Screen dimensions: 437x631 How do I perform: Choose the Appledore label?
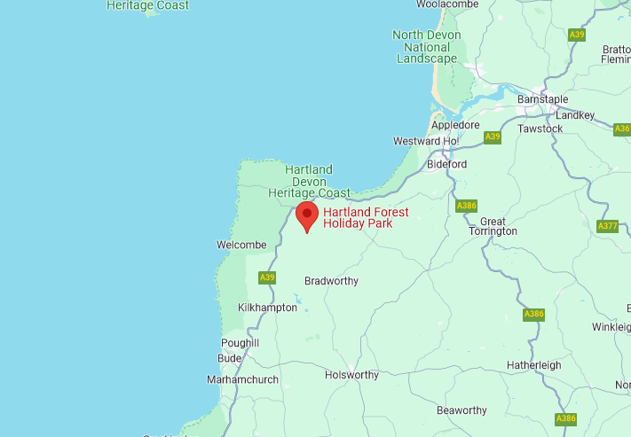pyautogui.click(x=455, y=126)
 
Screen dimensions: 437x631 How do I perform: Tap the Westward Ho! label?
pyautogui.click(x=426, y=141)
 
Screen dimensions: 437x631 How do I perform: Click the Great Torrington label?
pyautogui.click(x=497, y=226)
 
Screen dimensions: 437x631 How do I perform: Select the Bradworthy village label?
pyautogui.click(x=331, y=281)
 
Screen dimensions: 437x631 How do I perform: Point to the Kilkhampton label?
pyautogui.click(x=268, y=308)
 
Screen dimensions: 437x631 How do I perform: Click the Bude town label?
pyautogui.click(x=229, y=357)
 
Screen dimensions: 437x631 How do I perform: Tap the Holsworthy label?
pyautogui.click(x=351, y=375)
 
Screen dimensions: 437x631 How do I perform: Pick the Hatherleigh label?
pyautogui.click(x=534, y=365)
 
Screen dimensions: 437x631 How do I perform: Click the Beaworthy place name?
pyautogui.click(x=461, y=410)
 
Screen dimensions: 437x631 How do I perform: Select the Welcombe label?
pyautogui.click(x=241, y=246)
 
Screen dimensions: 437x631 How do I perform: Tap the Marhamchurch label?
pyautogui.click(x=242, y=379)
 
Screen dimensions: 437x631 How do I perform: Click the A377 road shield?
pyautogui.click(x=608, y=226)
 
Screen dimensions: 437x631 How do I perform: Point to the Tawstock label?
pyautogui.click(x=540, y=129)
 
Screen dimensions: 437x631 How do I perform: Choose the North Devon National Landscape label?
pyautogui.click(x=426, y=47)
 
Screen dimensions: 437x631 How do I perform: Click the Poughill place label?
pyautogui.click(x=240, y=343)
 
